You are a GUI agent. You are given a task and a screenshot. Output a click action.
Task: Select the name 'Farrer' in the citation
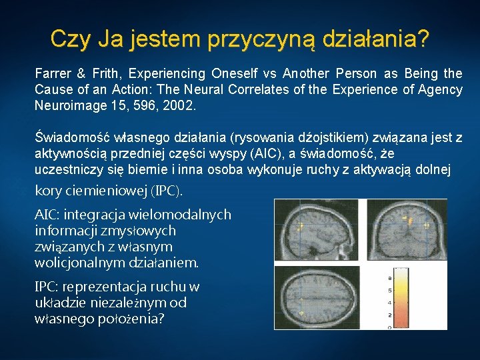coord(53,73)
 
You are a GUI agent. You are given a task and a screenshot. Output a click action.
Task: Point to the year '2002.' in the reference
coord(180,105)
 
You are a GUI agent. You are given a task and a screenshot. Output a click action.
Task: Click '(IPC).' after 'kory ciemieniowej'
coord(167,191)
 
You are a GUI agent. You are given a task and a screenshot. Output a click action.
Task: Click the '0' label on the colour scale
coord(389,327)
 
